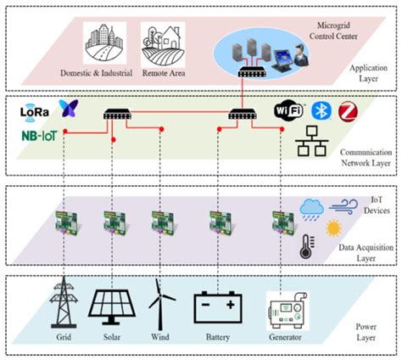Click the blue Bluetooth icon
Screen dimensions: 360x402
320,110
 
